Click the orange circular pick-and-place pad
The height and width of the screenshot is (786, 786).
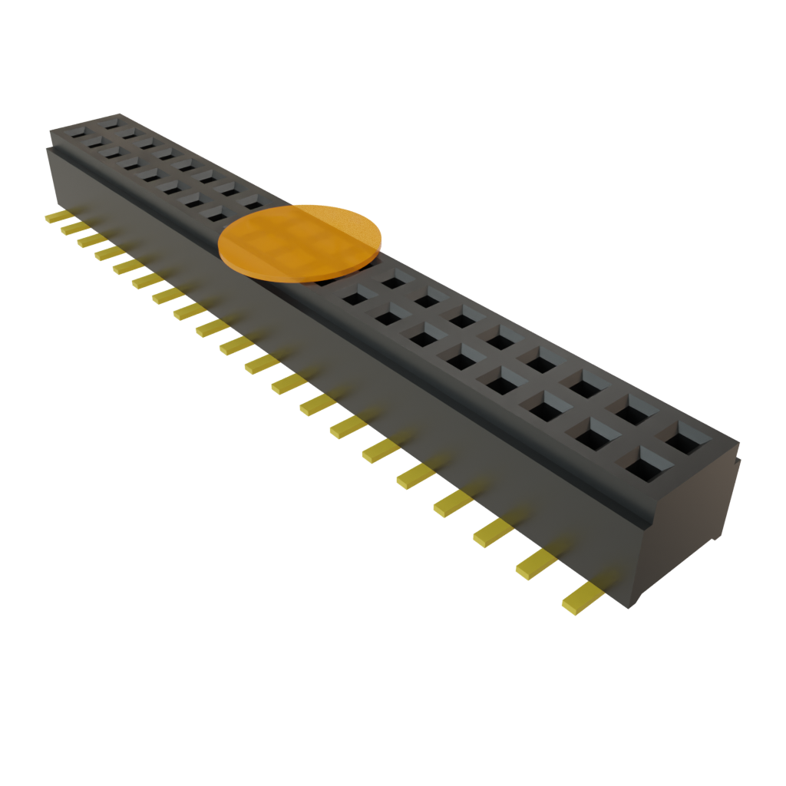tap(300, 241)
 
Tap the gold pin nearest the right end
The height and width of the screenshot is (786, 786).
tap(582, 598)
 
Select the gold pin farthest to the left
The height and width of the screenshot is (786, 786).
tap(56, 218)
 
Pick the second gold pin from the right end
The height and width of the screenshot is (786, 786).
tap(536, 565)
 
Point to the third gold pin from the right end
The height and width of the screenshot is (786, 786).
tap(493, 533)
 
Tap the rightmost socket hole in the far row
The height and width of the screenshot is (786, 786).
tap(685, 440)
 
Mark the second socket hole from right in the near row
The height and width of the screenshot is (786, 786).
tap(592, 436)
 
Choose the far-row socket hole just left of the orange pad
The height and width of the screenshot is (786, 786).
tap(249, 201)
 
